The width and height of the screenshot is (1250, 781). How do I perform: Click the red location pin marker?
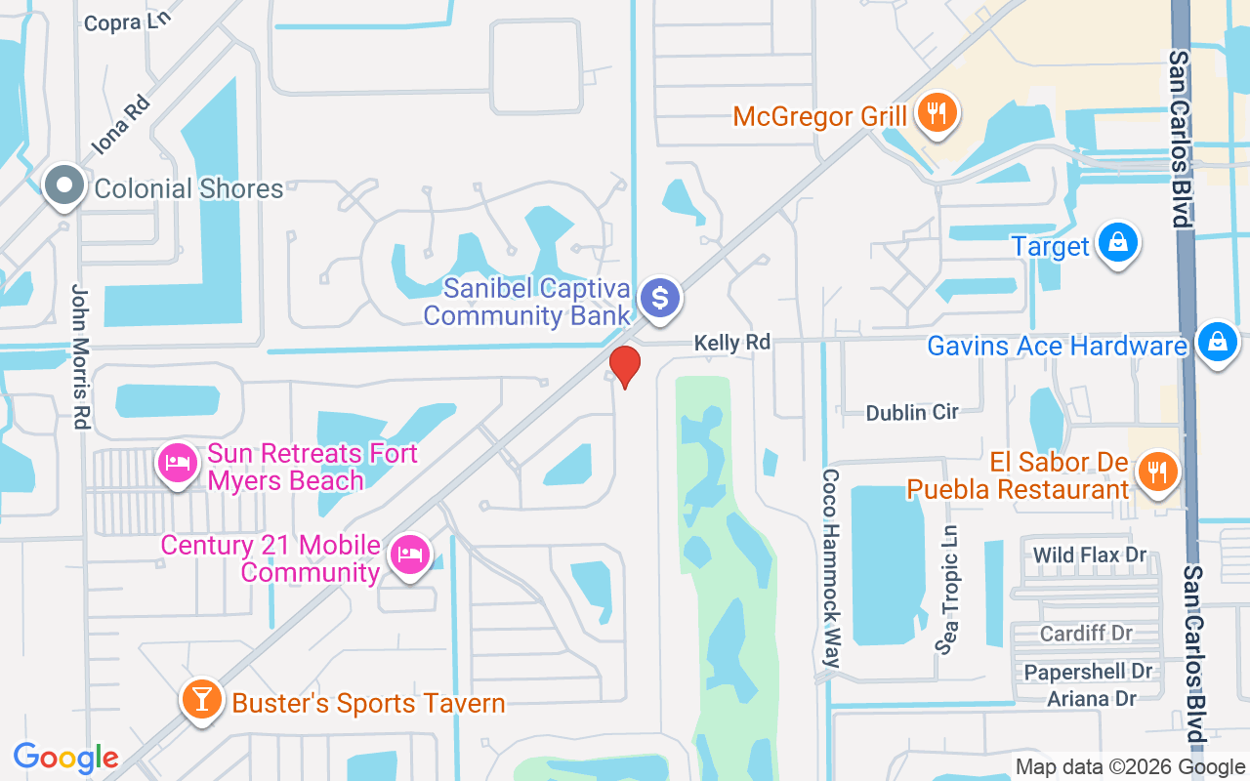click(x=624, y=366)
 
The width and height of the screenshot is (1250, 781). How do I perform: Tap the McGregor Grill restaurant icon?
click(x=937, y=114)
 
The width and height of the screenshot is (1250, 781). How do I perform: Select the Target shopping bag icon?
click(x=1117, y=242)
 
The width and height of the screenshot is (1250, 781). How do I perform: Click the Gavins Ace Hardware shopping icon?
click(x=1217, y=343)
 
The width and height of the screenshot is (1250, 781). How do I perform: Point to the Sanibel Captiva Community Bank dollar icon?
click(x=660, y=297)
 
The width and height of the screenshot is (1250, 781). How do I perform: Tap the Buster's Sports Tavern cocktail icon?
click(x=201, y=700)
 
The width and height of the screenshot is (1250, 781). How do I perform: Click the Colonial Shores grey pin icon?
click(x=65, y=185)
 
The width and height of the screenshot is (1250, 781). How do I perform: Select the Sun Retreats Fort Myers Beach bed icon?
click(x=177, y=463)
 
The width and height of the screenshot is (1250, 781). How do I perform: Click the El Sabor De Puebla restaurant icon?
click(x=1158, y=473)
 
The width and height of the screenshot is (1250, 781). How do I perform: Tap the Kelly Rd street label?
click(x=731, y=343)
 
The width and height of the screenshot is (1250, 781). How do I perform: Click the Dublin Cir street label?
click(x=912, y=412)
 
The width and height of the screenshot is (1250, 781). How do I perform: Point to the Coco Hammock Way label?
click(x=831, y=568)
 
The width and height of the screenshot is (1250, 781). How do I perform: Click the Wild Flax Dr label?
click(x=1089, y=555)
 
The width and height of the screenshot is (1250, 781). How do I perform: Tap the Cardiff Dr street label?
click(x=1086, y=634)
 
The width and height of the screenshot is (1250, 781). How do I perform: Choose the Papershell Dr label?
click(x=1088, y=672)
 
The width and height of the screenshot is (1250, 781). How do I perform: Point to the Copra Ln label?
click(x=127, y=21)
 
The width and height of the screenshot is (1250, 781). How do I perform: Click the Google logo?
click(x=65, y=757)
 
